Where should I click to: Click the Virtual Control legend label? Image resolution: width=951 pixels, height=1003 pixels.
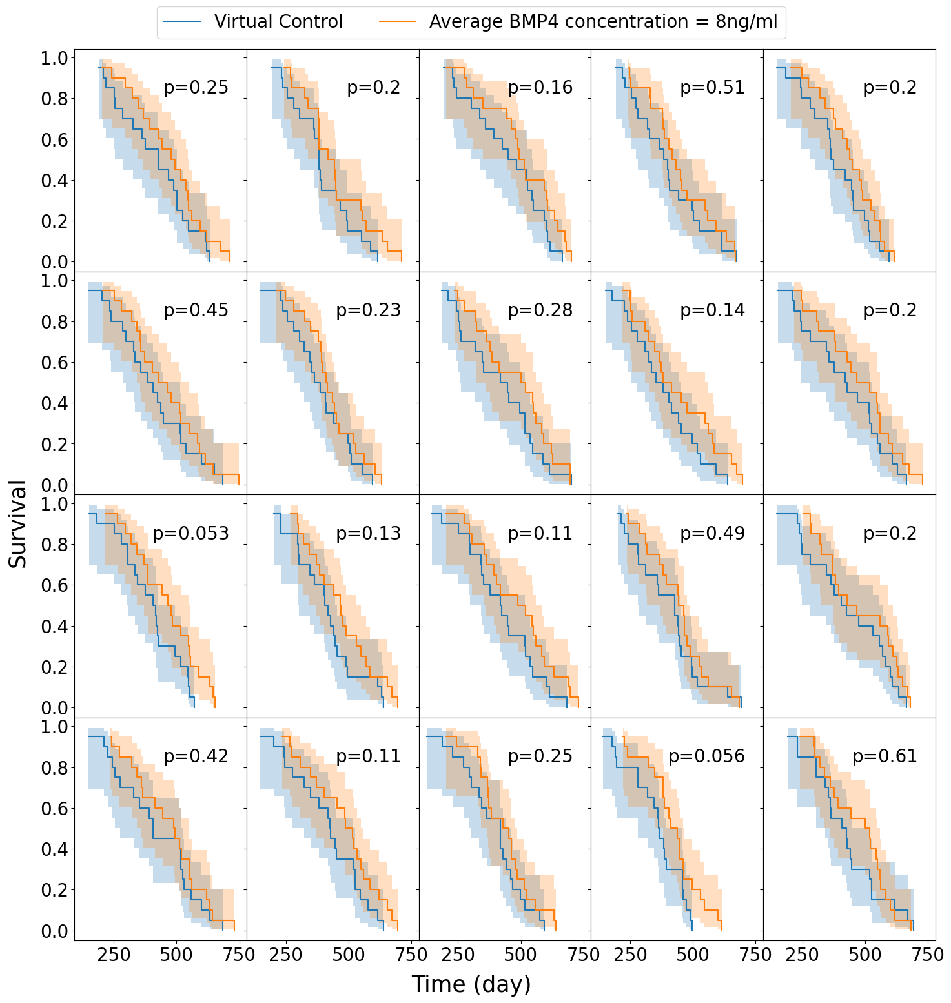tap(278, 22)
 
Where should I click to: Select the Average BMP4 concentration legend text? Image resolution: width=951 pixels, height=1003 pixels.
tap(603, 22)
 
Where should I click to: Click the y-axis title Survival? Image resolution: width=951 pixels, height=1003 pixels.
tap(18, 524)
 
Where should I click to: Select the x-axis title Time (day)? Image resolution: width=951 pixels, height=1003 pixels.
tap(471, 984)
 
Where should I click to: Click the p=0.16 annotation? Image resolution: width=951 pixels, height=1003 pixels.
tap(540, 87)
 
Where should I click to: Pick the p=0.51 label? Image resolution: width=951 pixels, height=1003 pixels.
tap(712, 87)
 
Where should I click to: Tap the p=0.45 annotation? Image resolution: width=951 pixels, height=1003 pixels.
tap(196, 310)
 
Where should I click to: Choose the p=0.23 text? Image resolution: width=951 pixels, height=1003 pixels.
tap(368, 310)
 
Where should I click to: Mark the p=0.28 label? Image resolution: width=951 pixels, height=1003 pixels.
tap(540, 310)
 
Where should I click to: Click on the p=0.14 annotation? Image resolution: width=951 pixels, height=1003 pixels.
tap(712, 310)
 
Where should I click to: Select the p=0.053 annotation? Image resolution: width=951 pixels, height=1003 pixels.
tap(190, 533)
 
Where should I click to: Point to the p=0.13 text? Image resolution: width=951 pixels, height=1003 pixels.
tap(368, 533)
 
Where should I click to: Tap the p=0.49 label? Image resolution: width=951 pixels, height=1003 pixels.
tap(712, 533)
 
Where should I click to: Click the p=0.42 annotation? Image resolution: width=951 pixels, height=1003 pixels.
tap(196, 756)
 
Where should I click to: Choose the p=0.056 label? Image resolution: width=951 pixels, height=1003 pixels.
tap(706, 756)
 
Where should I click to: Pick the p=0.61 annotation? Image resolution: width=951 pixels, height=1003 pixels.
tap(885, 756)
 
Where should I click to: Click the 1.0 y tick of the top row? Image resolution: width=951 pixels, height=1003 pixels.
tap(54, 58)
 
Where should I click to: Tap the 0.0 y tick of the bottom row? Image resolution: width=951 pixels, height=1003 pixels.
tap(54, 931)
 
